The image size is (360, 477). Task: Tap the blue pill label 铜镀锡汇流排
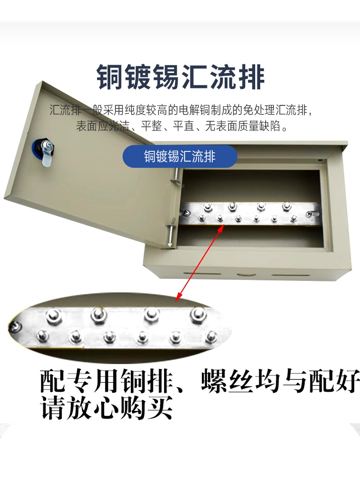(x=180, y=156)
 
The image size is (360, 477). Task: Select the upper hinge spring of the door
(x=175, y=176)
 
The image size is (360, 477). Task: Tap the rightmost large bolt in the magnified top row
(x=198, y=314)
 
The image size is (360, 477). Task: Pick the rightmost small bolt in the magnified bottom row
(x=210, y=337)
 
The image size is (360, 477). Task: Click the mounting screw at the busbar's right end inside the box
(x=310, y=214)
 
